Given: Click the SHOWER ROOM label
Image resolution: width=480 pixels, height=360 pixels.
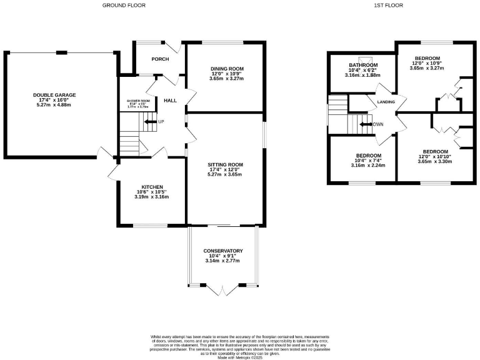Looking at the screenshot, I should tap(139, 101).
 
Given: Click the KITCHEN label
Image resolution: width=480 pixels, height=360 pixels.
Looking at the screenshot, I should tap(152, 187).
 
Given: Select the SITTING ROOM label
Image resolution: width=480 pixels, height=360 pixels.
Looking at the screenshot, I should tap(226, 165).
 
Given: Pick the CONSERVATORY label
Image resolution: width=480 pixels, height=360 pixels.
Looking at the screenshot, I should tap(223, 251).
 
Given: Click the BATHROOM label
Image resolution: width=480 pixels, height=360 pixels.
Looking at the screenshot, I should tap(362, 66).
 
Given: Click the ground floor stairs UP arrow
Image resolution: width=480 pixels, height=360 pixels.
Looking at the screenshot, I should tap(150, 122).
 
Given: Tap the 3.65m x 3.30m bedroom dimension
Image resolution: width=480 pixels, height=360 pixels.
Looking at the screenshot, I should tap(435, 161).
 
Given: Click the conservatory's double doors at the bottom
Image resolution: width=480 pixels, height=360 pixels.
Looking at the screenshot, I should tap(223, 289).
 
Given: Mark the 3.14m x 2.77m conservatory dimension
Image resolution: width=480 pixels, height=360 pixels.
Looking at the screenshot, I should tap(223, 261).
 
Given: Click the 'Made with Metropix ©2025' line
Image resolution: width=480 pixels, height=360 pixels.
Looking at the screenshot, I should tap(239, 356).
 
